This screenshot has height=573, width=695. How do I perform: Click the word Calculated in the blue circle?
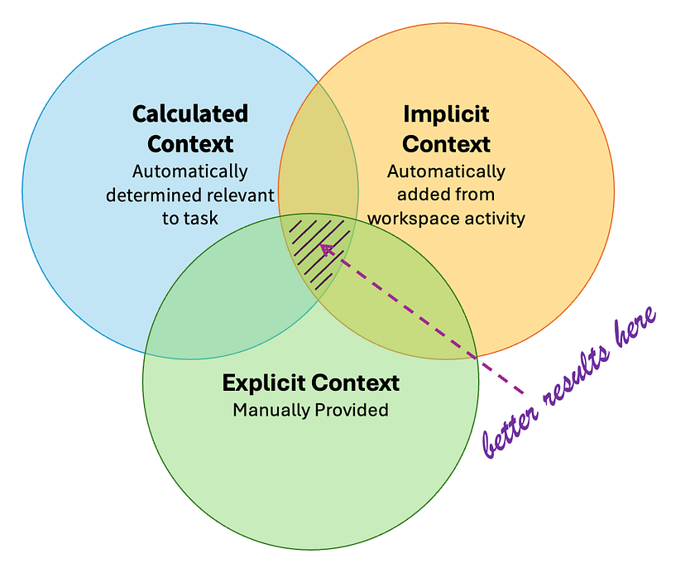coord(190,113)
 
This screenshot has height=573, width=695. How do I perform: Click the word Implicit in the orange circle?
coord(446,113)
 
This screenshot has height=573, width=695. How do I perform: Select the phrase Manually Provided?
coord(310,410)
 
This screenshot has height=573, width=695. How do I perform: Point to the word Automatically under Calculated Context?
coord(190,172)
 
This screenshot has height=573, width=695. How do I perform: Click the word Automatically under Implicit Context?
coord(446,172)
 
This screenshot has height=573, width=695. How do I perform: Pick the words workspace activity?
coord(446,219)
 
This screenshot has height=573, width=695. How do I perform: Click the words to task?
coord(190,219)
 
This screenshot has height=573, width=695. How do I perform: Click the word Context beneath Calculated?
coord(190,143)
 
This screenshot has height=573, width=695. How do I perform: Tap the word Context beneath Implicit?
coord(446,143)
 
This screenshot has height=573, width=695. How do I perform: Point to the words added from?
coord(446,195)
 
